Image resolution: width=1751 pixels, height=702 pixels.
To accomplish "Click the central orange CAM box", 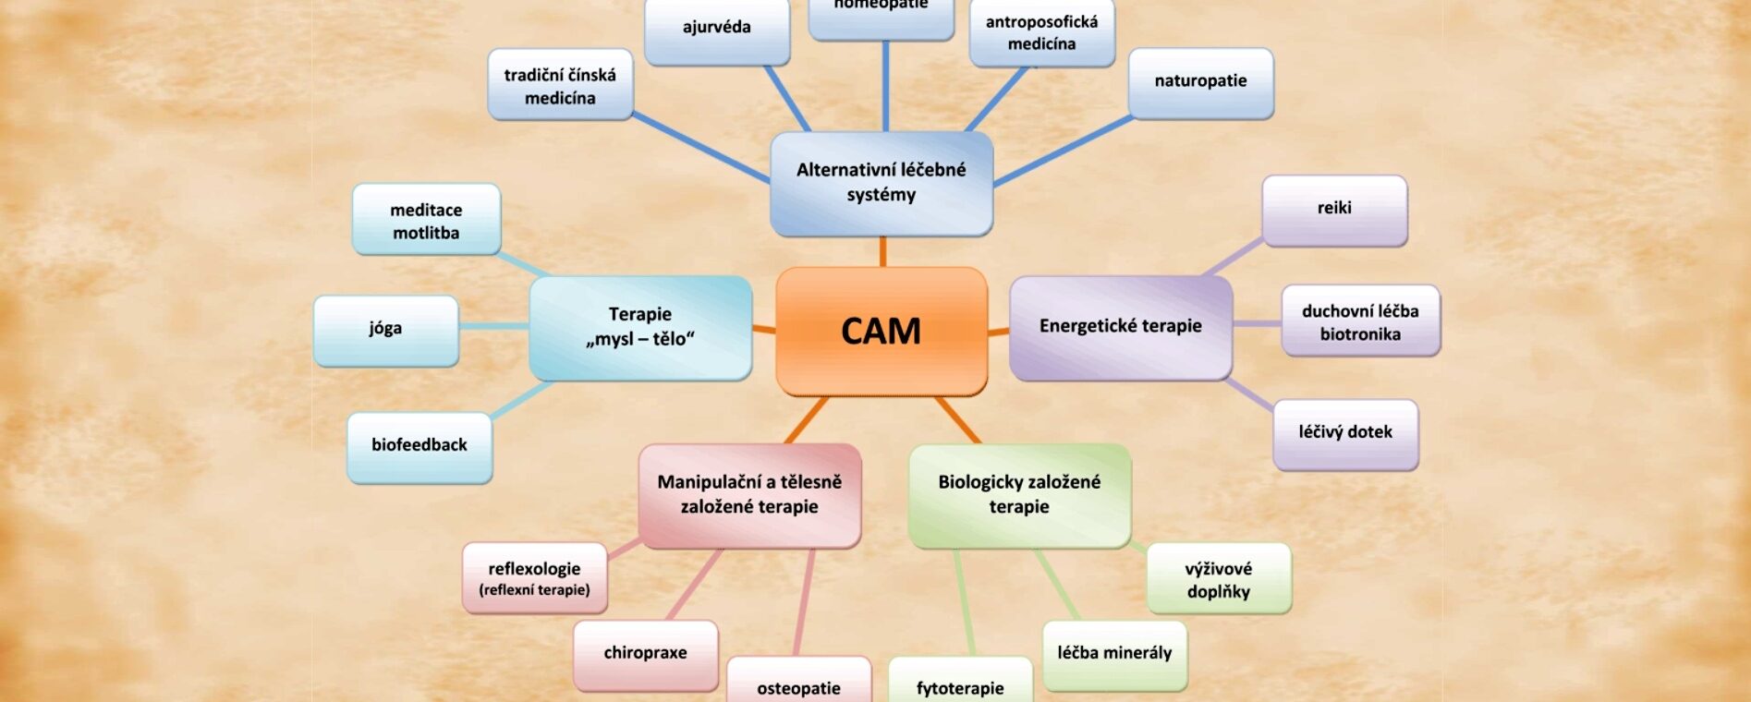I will coord(882,331).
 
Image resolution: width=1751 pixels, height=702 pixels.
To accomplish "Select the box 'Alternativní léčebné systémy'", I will coord(882,182).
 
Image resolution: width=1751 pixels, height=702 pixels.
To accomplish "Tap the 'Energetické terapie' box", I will coord(1120,326).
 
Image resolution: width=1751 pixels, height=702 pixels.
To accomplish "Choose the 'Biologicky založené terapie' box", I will coord(1019,494).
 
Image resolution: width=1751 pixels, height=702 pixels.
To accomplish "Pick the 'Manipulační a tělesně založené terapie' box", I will coord(749,494).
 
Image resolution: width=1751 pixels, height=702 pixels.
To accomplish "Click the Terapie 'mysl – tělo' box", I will coord(640,327).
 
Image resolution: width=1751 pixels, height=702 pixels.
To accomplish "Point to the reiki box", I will coord(1334,209).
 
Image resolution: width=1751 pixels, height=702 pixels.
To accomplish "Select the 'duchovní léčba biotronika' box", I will coord(1360,321).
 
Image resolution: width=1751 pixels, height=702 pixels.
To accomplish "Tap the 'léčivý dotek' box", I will coord(1345,433).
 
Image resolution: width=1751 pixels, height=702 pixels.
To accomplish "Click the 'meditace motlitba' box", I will coord(426,220).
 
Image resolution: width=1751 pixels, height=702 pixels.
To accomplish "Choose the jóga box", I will coord(385,329).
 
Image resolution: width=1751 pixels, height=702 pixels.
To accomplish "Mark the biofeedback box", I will coord(420,446).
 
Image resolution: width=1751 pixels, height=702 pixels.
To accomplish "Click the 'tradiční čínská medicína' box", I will coord(560,86).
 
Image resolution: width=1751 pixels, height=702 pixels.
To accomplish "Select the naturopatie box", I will coord(1200,82).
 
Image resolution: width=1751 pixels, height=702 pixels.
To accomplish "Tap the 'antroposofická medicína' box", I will coord(1041,33).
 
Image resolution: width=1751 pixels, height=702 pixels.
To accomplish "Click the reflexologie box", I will coord(535,578).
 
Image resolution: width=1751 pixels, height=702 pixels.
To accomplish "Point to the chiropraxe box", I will coord(645,654).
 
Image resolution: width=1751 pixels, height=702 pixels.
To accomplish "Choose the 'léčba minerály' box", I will coord(1114,654).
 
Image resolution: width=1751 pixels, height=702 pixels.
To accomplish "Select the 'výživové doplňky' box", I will coord(1219,579).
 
